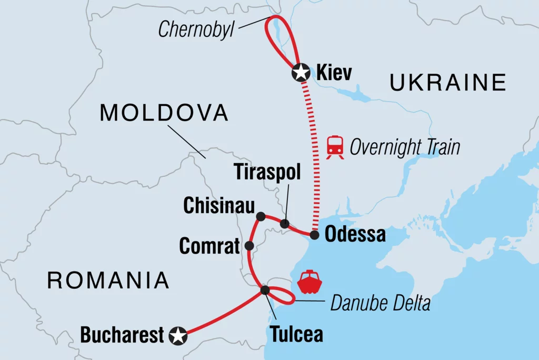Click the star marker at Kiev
click(301, 73)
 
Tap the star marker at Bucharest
click(178, 335)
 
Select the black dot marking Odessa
click(314, 235)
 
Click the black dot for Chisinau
click(260, 216)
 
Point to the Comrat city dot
click(249, 246)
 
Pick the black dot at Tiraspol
click(285, 224)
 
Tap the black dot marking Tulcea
click(265, 290)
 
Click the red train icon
click(335, 147)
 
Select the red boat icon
click(311, 282)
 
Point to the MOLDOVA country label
click(164, 113)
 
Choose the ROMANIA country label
click(108, 281)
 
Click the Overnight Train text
click(404, 147)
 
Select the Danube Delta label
click(380, 303)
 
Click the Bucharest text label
click(122, 335)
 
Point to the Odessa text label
click(355, 235)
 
